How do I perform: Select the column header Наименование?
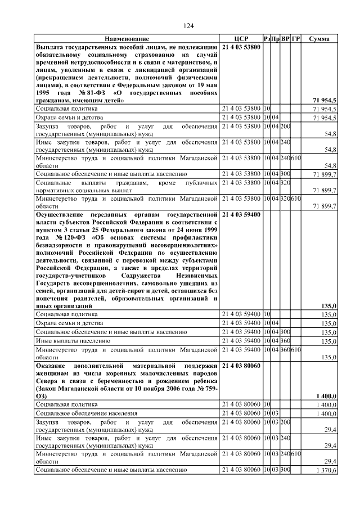pyautogui.click(x=127, y=38)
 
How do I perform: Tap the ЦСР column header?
pyautogui.click(x=241, y=38)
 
